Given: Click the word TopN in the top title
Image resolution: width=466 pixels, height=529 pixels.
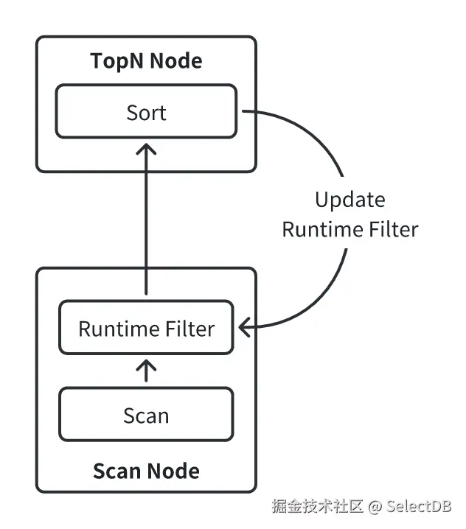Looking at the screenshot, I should (116, 60).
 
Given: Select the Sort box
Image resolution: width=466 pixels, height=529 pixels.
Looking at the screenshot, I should (146, 112).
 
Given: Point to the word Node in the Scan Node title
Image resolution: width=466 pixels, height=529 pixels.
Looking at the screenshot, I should (173, 470).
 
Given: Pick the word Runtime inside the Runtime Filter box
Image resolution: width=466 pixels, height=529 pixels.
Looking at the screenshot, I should (113, 329).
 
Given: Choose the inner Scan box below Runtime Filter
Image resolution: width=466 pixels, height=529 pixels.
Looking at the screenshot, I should (146, 416).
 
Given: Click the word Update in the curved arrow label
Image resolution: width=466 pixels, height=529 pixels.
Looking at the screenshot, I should (349, 200).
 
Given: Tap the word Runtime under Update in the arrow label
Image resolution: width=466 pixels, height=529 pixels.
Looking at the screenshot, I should (315, 229).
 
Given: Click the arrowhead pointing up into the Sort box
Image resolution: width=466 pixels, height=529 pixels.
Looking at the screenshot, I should (147, 148).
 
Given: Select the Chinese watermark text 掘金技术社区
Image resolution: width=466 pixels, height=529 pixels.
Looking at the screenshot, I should (318, 506).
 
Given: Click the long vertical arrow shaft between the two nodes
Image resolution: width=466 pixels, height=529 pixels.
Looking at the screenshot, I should (147, 221).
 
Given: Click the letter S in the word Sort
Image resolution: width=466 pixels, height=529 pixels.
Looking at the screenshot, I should (131, 113).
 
